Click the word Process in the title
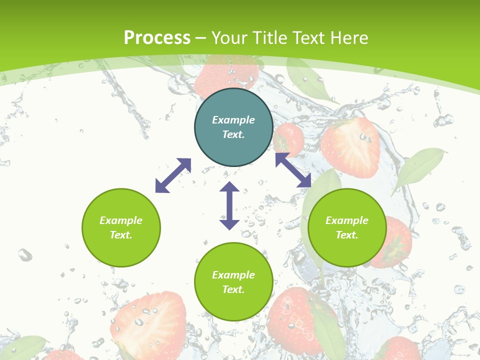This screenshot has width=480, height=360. pos(157,38)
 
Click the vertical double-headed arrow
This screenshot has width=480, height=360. pos(229,205)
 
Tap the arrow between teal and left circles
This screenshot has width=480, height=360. pos(173,175)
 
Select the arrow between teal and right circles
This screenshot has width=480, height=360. pos(293,170)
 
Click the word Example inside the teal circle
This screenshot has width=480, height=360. pos(233,120)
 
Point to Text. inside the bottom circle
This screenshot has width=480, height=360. pos(233,289)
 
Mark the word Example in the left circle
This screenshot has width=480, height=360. pos(121,220)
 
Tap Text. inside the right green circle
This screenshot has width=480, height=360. pos(347,235)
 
